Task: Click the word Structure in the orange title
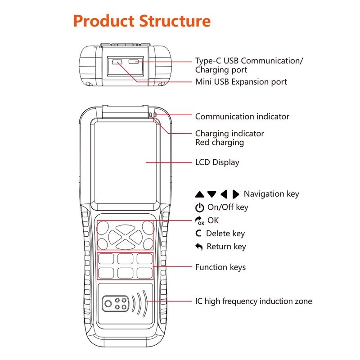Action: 175,21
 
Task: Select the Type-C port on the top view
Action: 134,62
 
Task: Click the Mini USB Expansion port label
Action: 241,82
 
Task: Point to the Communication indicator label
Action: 242,117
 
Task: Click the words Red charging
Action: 220,143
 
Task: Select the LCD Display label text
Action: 217,162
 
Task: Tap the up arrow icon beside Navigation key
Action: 199,194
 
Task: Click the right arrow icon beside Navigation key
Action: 235,194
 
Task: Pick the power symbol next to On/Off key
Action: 199,207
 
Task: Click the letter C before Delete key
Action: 198,234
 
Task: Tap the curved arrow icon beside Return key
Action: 199,247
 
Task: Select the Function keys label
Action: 220,267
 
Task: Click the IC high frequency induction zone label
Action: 254,301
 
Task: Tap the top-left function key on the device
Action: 106,259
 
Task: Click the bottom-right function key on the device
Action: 144,273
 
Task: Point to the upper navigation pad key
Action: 126,229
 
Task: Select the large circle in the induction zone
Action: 108,304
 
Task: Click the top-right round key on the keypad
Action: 148,228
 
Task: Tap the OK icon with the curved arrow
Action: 199,220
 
